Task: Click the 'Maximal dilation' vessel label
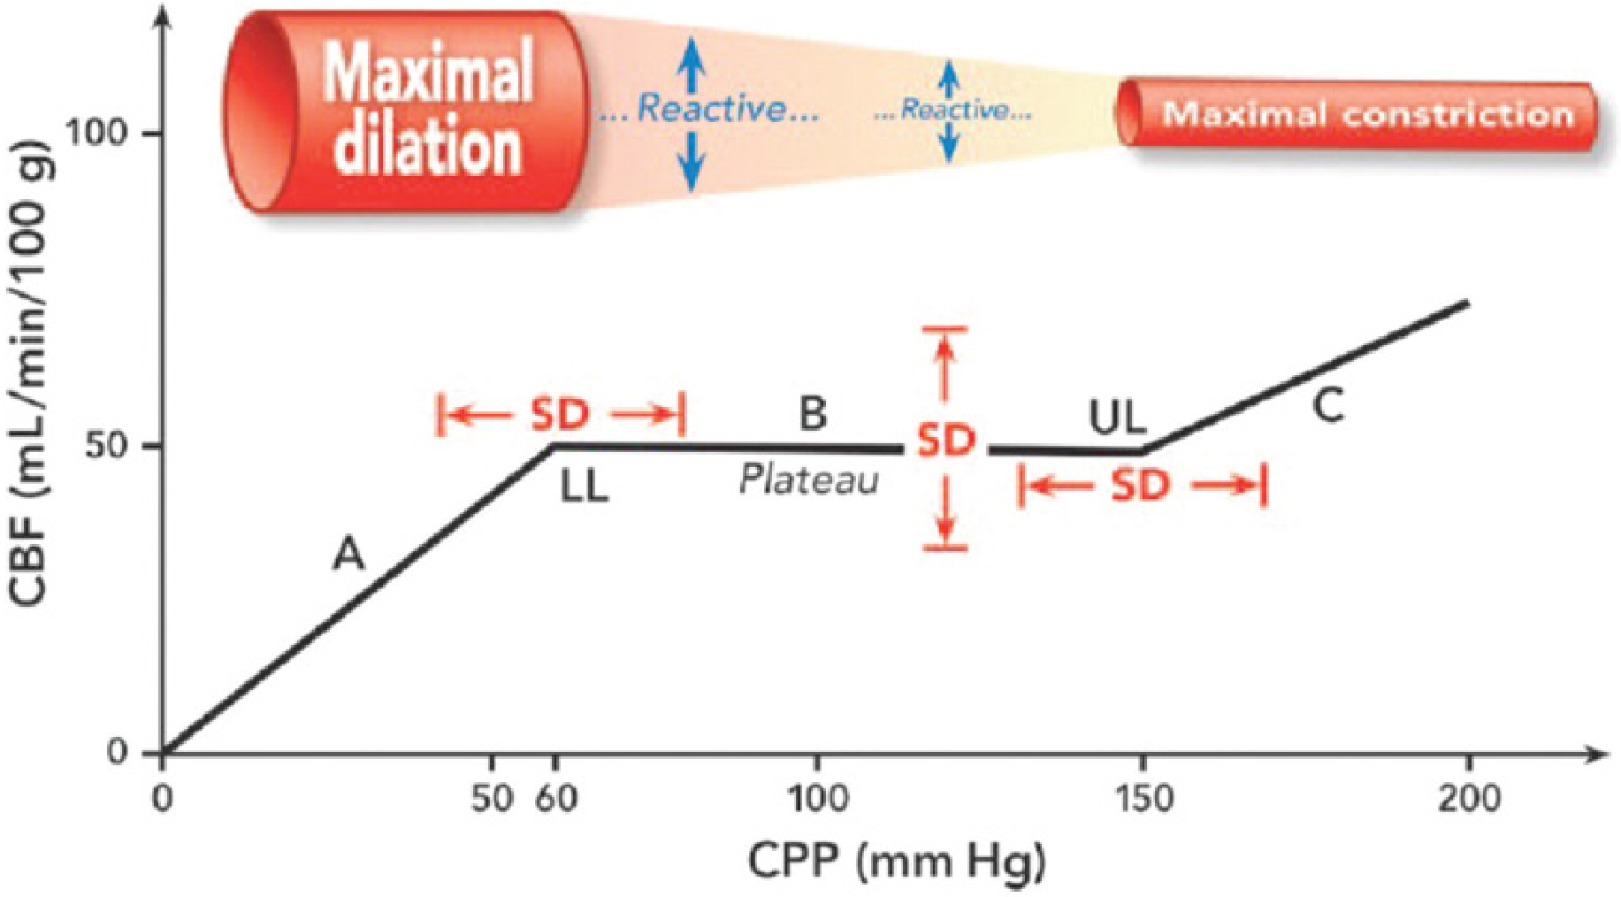429,108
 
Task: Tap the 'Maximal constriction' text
1367,114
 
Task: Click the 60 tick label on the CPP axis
556,799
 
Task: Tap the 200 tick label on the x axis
1469,799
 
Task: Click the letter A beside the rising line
348,556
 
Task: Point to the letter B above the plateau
813,413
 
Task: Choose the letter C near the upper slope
1327,406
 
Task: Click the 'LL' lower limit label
585,487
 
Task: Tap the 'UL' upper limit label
1117,418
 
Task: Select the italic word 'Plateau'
809,480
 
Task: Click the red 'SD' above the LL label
560,414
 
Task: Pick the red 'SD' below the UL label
1140,485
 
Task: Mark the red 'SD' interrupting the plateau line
945,440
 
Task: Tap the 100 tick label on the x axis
816,799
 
